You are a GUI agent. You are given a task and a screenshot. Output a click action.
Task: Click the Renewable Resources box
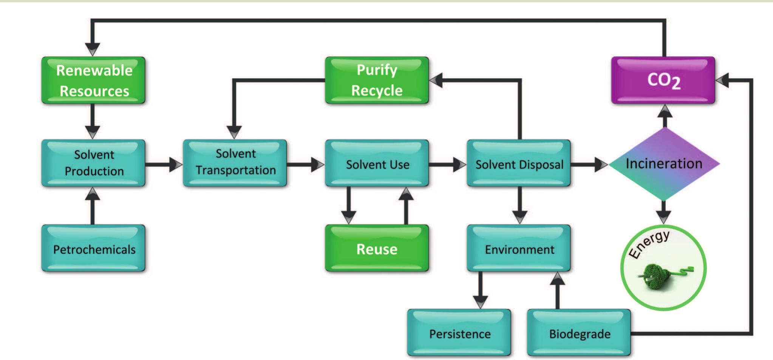click(x=93, y=80)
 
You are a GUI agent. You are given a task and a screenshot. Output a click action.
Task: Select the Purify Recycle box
click(x=377, y=80)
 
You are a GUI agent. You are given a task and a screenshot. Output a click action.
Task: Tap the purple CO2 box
click(x=663, y=80)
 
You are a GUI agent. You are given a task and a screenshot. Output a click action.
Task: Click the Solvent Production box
click(x=93, y=163)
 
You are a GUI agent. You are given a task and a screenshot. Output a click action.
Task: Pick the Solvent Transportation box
click(x=235, y=163)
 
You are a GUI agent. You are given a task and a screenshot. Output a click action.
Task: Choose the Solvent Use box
click(x=377, y=164)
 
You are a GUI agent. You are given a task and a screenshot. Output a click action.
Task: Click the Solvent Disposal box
click(x=519, y=164)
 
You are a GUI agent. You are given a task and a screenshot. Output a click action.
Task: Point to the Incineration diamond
click(x=664, y=164)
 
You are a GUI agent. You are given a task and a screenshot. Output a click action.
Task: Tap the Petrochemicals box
click(x=93, y=249)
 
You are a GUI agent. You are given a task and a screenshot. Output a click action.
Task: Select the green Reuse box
click(x=377, y=249)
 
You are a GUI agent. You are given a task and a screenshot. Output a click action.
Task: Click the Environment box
click(x=519, y=249)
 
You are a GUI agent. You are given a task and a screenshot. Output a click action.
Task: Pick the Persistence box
click(x=459, y=333)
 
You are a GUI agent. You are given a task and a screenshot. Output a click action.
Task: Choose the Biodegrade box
click(x=579, y=333)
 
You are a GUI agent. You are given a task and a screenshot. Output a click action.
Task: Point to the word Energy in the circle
click(x=649, y=244)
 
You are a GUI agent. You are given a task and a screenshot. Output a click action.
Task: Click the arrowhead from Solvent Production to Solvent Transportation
click(x=175, y=164)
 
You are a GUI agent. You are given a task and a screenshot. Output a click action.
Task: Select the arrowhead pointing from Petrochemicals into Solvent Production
click(x=93, y=194)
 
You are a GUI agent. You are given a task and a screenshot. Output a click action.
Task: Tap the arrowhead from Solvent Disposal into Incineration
click(x=601, y=164)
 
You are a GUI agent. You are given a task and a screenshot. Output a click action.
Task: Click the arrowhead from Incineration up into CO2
click(x=665, y=111)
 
